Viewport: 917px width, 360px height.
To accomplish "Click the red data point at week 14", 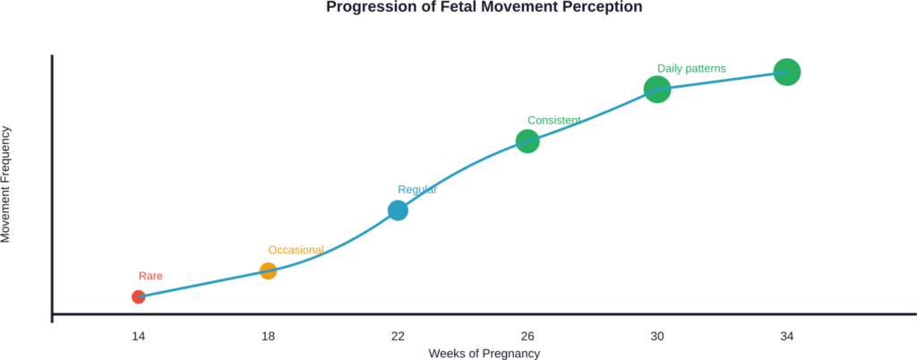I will [x=138, y=296].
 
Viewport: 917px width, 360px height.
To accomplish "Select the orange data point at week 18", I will [x=268, y=270].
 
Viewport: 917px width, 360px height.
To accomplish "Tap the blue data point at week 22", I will [x=398, y=210].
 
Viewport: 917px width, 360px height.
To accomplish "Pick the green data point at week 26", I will [x=527, y=141].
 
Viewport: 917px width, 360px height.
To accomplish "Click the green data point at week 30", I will [x=657, y=89].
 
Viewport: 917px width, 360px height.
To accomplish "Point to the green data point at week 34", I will [x=786, y=72].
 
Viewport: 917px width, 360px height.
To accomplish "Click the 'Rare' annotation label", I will [x=150, y=277].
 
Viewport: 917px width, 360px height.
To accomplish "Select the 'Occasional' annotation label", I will [x=296, y=250].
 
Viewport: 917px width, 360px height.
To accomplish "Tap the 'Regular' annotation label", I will [x=417, y=189].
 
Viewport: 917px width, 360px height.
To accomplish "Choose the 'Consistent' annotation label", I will [x=554, y=119].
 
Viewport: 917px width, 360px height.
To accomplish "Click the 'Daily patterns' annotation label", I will [x=691, y=68].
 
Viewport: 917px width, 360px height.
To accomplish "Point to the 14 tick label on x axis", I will [x=138, y=336].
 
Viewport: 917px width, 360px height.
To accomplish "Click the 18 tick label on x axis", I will [x=268, y=336].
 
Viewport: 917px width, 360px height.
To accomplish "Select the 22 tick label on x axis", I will [x=398, y=336].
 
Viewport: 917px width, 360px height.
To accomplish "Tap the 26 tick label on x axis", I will [x=527, y=336].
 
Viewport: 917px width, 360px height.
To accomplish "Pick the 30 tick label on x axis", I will [x=657, y=336].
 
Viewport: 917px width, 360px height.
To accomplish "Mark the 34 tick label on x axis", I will [x=786, y=336].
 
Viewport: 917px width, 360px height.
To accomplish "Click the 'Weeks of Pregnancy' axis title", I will [x=484, y=353].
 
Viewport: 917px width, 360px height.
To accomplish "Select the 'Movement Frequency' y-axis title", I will [x=6, y=184].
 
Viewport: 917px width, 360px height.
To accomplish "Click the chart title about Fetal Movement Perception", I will [x=484, y=7].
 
